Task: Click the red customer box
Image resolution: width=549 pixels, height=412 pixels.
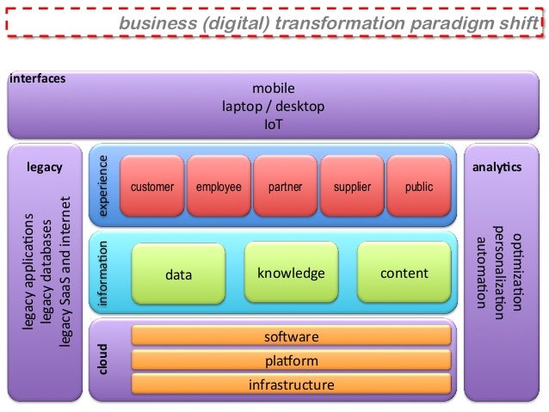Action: pyautogui.click(x=152, y=186)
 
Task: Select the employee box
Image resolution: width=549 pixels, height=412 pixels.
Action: pyautogui.click(x=219, y=186)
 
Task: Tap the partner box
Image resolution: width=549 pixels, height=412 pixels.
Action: pyautogui.click(x=285, y=186)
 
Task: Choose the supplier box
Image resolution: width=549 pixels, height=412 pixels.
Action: pyautogui.click(x=352, y=186)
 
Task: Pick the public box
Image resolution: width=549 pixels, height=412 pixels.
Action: pyautogui.click(x=418, y=186)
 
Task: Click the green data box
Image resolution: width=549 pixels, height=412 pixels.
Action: pyautogui.click(x=179, y=274)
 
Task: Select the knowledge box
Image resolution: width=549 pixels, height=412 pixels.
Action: pyautogui.click(x=291, y=273)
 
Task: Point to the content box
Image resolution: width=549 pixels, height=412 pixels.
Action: pyautogui.click(x=404, y=273)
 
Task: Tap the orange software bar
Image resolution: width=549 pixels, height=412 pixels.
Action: pyautogui.click(x=291, y=336)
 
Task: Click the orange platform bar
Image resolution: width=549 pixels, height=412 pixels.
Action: pyautogui.click(x=291, y=360)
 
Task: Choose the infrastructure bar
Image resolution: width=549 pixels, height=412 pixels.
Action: pyautogui.click(x=291, y=384)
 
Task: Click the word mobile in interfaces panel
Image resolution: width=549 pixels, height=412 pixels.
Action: pyautogui.click(x=274, y=88)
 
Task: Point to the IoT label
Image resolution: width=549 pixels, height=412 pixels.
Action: pyautogui.click(x=274, y=124)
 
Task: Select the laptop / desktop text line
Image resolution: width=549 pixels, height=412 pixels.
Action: pyautogui.click(x=274, y=106)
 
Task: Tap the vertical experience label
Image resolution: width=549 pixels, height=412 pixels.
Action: pyautogui.click(x=104, y=185)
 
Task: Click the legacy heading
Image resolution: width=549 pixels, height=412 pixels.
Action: pyautogui.click(x=45, y=167)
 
